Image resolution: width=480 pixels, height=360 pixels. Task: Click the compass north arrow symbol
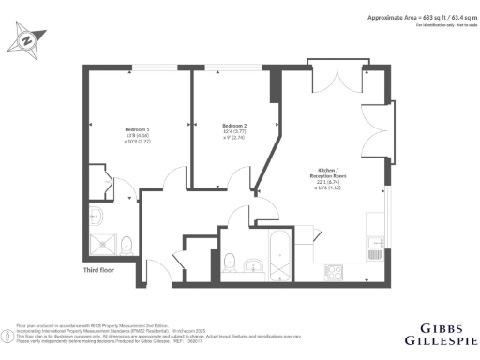click(x=27, y=39)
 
